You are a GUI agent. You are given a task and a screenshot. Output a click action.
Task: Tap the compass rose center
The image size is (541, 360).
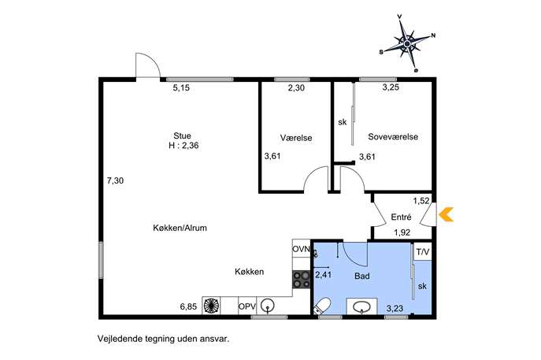coord(407,43)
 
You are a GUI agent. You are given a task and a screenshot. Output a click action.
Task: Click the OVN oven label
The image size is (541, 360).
coord(301,249)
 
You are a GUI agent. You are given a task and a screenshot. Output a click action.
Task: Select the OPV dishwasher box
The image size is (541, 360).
coord(247,306)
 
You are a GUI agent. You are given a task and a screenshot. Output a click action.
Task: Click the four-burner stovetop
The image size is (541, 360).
coord(301,279)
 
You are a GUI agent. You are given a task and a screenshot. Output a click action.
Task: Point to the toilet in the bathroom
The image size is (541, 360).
coord(322,306)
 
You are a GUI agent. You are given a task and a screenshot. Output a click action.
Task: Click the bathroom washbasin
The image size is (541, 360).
coord(361,307)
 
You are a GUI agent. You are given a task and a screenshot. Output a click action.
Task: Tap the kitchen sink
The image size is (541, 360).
coord(268,306)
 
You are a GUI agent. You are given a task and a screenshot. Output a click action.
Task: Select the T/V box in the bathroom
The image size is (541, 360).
coord(423,252)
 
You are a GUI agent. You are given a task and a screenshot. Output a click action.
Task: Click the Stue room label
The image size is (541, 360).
coord(182,135)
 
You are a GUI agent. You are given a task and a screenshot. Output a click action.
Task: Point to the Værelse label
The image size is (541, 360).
coord(296,138)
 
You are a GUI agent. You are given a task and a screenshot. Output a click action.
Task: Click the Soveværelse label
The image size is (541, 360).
coord(393,137)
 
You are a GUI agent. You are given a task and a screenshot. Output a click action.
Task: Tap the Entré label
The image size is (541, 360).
coord(401,217)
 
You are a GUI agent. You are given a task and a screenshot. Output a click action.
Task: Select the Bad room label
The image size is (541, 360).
coord(362,276)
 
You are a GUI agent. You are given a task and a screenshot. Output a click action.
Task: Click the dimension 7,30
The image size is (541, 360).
coord(115,180)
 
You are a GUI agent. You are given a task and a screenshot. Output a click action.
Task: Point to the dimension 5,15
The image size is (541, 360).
coord(181,88)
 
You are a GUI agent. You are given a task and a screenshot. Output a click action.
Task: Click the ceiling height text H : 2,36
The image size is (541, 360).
coord(183,145)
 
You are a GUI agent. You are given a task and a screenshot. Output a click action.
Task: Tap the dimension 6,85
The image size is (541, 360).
coord(188,306)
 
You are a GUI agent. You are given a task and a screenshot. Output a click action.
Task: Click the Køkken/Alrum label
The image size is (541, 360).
coord(180,228)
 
